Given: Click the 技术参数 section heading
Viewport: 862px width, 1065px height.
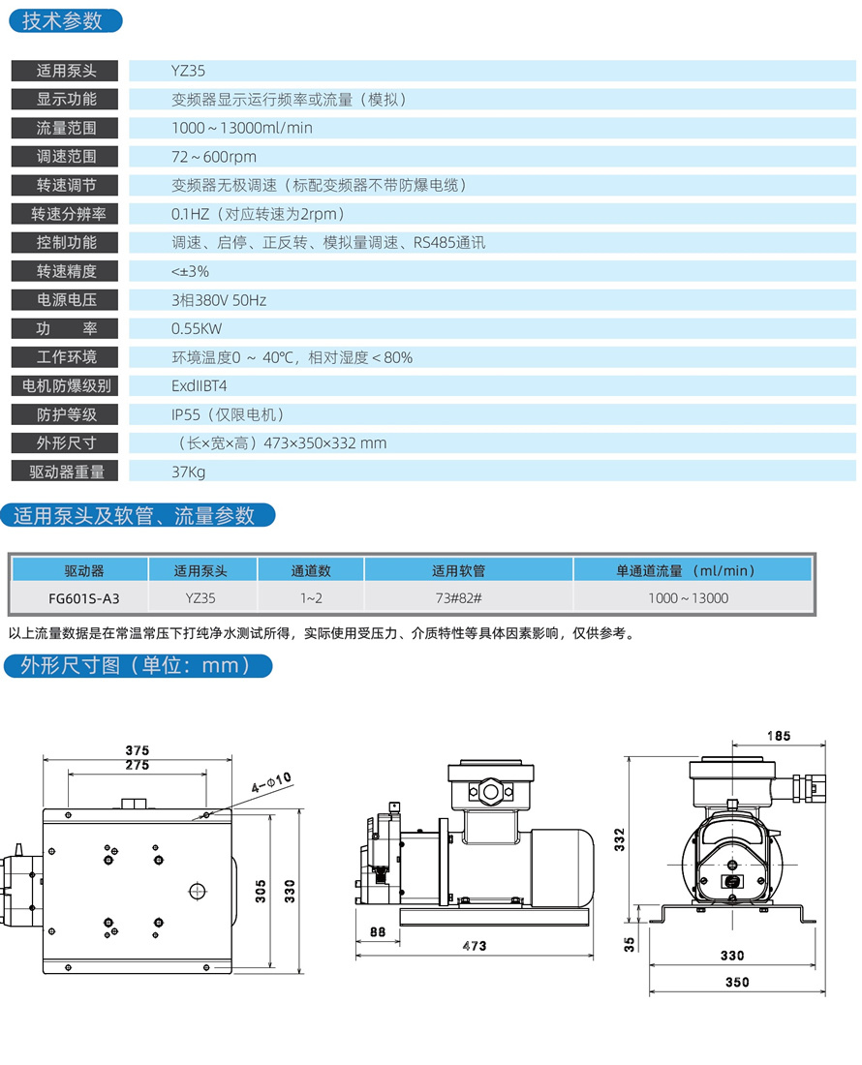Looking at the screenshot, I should pos(62,20).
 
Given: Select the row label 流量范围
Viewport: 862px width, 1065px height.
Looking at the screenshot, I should pos(66,128).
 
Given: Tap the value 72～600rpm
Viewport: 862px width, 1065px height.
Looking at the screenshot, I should pos(214,157).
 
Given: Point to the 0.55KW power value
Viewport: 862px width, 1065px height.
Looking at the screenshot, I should pos(197,328).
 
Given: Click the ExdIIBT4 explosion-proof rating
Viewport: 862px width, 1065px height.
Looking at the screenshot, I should pos(200,386).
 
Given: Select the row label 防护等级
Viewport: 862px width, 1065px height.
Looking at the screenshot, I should pos(66,415).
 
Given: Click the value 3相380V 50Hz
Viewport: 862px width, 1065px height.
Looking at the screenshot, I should pos(219,300).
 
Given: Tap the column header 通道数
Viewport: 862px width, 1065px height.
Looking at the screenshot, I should pos(311,571).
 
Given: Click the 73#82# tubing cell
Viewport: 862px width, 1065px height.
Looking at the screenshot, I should pos(459,598).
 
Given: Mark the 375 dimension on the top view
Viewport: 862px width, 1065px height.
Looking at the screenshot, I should pos(138,750).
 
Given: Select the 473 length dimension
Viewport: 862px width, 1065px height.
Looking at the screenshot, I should pos(475,946).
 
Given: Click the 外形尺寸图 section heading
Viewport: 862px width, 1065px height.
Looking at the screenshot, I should pos(136,666).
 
